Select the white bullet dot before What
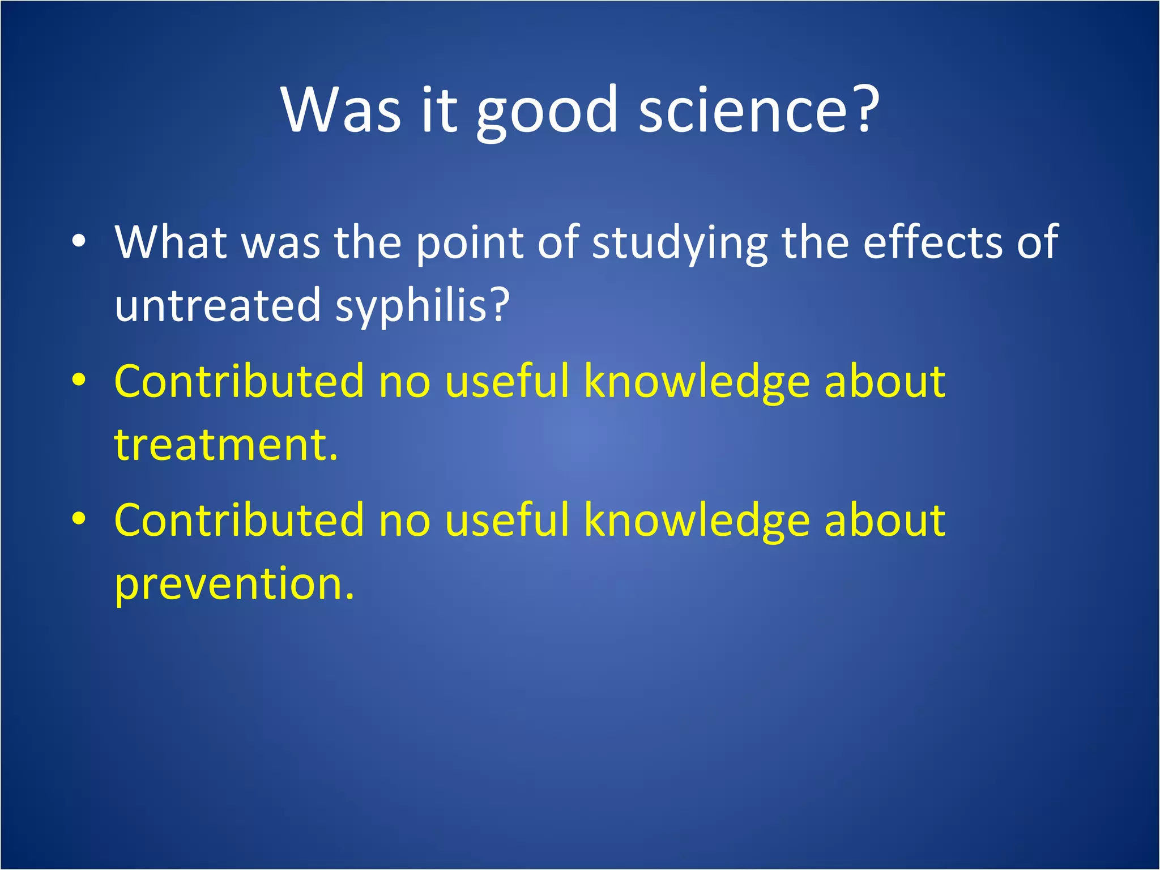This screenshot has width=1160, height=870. pyautogui.click(x=79, y=241)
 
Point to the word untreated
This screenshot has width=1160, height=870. pyautogui.click(x=218, y=306)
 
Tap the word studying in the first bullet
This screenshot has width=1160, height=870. pyautogui.click(x=679, y=244)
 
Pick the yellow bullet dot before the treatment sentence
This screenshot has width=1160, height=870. pyautogui.click(x=79, y=381)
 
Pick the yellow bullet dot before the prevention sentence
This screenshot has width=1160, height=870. pyautogui.click(x=79, y=519)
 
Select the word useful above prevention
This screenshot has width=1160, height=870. pyautogui.click(x=507, y=520)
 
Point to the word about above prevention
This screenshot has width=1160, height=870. pyautogui.click(x=884, y=520)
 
